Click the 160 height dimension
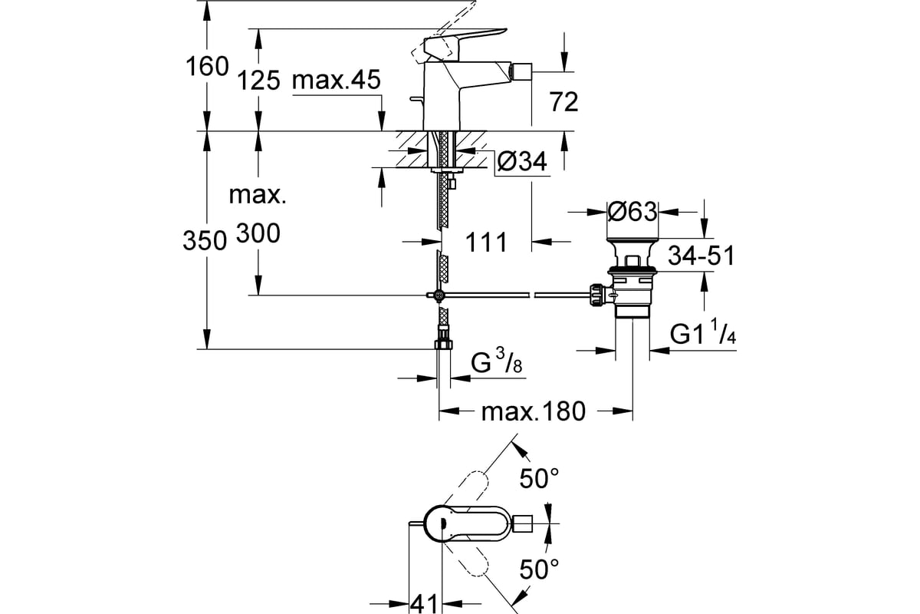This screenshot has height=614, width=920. tap(207, 67)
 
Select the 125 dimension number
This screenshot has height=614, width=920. tap(258, 80)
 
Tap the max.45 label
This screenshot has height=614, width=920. tap(337, 80)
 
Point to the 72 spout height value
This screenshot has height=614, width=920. tap(564, 102)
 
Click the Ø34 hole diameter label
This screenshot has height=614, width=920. tap(522, 161)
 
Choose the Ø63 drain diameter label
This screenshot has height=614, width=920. tap(632, 212)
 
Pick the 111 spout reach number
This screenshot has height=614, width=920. tap(486, 243)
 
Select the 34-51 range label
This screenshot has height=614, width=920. tap(701, 256)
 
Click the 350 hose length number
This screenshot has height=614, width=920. tap(205, 240)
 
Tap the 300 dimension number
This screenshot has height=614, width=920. tap(258, 233)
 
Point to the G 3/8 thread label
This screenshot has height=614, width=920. tap(496, 361)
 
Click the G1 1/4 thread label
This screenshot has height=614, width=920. tap(703, 332)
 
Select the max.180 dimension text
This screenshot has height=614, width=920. tap(533, 411)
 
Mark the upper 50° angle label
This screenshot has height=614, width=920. tap(539, 478)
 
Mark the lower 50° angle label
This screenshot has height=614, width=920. tap(539, 569)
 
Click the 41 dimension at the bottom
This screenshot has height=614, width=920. tap(425, 604)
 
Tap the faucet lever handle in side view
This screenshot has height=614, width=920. tap(464, 44)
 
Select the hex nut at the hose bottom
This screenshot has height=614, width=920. tap(443, 344)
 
